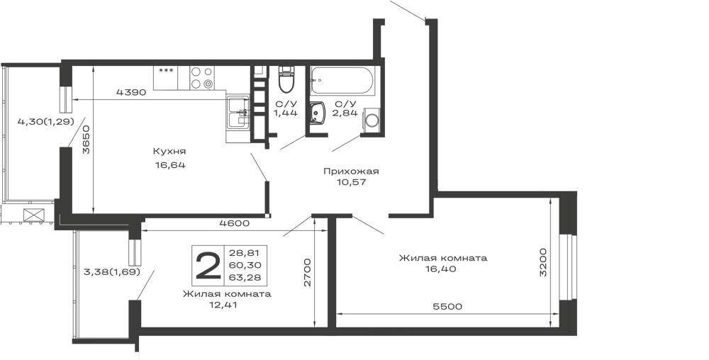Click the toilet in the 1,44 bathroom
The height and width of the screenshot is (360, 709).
[x=286, y=79]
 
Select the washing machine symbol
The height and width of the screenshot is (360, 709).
[x=372, y=120]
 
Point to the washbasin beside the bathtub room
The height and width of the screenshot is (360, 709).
[x=318, y=113]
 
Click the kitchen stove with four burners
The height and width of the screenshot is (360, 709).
[x=201, y=78]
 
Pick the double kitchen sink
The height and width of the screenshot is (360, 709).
[x=238, y=113]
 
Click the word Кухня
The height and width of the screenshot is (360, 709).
[x=169, y=152]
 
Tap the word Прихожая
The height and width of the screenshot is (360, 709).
[x=351, y=171]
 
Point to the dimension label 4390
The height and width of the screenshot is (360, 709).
[x=131, y=93]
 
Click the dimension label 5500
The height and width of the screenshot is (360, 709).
[x=447, y=307]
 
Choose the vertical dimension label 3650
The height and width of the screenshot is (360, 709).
[x=86, y=140]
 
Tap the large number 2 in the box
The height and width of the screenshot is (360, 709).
[x=208, y=265]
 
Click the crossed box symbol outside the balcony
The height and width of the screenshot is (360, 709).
[x=33, y=215]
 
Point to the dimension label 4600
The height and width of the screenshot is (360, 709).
[x=234, y=223]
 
